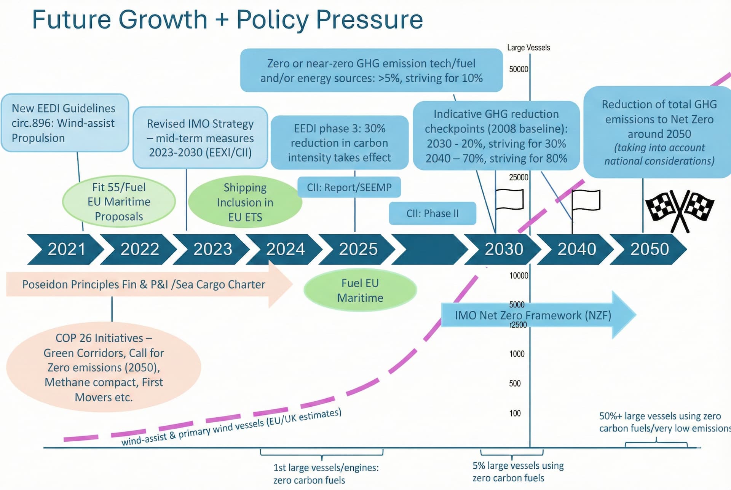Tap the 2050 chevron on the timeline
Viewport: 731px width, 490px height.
point(649,249)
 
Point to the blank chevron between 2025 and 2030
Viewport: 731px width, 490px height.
point(430,249)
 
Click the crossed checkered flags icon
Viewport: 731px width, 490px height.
point(680,209)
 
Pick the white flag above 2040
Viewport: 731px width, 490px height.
point(586,200)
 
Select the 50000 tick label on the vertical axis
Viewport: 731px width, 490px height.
point(519,69)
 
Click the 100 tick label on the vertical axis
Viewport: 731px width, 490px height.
point(515,413)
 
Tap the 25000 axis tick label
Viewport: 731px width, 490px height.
point(519,177)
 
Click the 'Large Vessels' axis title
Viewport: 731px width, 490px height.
point(528,48)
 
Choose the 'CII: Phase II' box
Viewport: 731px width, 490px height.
point(433,213)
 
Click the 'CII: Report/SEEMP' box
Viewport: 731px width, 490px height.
point(349,187)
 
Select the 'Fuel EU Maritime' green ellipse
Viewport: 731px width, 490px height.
point(360,290)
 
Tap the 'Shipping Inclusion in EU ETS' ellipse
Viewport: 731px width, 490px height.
point(245,202)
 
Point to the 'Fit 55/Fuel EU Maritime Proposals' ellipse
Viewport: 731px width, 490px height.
point(119,202)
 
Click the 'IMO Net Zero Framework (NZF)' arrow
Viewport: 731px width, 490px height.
point(533,315)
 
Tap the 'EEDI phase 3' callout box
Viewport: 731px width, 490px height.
point(339,143)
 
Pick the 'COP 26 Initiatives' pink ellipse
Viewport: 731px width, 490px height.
point(104,367)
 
